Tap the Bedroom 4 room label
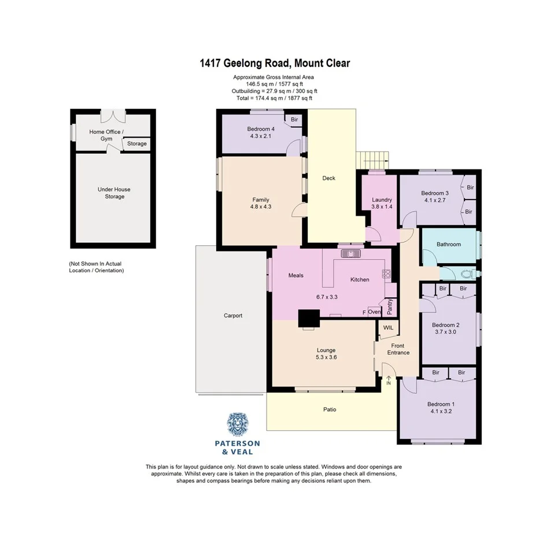click(261, 128)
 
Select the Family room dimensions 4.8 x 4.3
click(261, 206)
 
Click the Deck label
click(329, 178)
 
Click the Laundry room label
click(381, 200)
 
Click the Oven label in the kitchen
click(374, 312)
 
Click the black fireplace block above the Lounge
click(309, 318)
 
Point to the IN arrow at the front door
click(389, 380)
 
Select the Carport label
click(233, 316)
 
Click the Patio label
click(330, 409)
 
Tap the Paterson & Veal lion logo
click(237, 425)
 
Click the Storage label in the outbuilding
click(137, 143)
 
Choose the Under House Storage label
click(115, 193)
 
